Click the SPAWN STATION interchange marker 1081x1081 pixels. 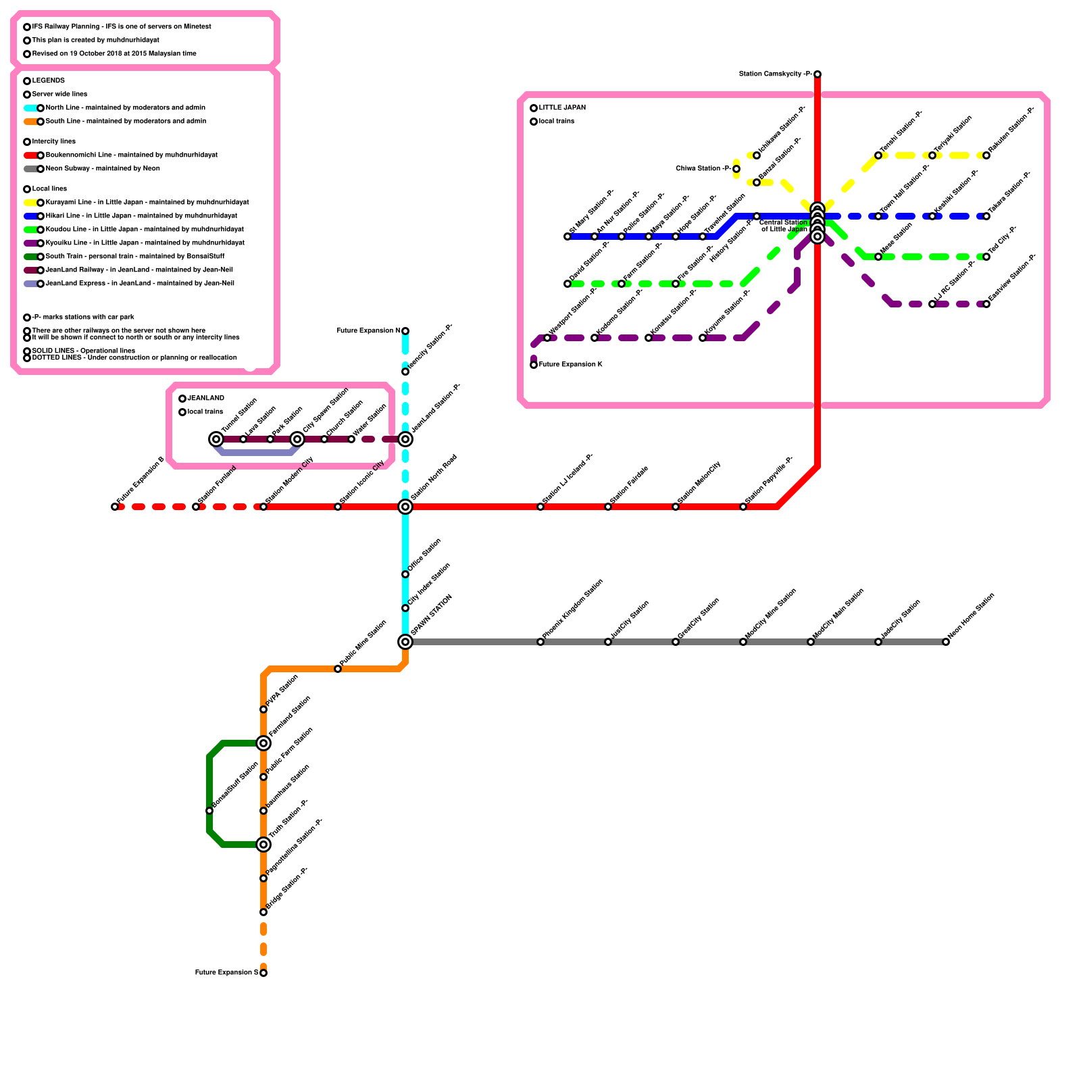pyautogui.click(x=405, y=642)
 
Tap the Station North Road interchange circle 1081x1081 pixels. pyautogui.click(x=405, y=507)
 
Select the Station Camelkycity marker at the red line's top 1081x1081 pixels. pyautogui.click(x=818, y=74)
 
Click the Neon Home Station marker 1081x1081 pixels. pyautogui.click(x=946, y=642)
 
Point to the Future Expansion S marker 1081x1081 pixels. pyautogui.click(x=263, y=973)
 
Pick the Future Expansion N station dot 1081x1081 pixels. pyautogui.click(x=405, y=331)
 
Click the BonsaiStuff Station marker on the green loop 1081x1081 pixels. pyautogui.click(x=209, y=811)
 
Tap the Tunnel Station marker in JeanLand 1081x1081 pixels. pyautogui.click(x=216, y=439)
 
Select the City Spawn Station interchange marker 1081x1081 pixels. pyautogui.click(x=297, y=439)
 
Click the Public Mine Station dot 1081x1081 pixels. pyautogui.click(x=338, y=669)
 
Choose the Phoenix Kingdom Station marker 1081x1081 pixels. pyautogui.click(x=540, y=642)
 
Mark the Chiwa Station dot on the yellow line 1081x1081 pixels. pyautogui.click(x=736, y=169)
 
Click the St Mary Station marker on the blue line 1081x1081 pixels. pyautogui.click(x=568, y=236)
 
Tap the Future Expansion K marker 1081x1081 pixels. pyautogui.click(x=534, y=365)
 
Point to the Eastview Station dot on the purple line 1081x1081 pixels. pyautogui.click(x=986, y=304)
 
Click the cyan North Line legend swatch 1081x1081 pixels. pyautogui.click(x=30, y=108)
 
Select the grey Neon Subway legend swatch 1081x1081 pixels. pyautogui.click(x=30, y=169)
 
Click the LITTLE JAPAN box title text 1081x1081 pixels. pyautogui.click(x=562, y=108)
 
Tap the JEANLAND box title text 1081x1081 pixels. pyautogui.click(x=205, y=399)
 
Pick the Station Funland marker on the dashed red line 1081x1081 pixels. pyautogui.click(x=196, y=507)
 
